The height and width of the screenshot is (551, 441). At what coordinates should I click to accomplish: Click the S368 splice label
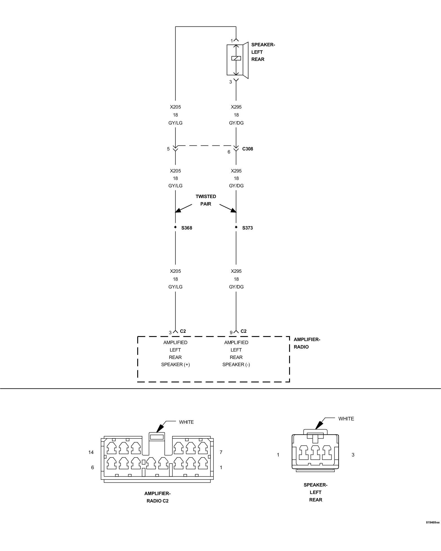187,228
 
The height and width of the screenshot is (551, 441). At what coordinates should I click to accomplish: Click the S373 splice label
247,228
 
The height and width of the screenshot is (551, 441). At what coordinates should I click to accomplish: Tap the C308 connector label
248,149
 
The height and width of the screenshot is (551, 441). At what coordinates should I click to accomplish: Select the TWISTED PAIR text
206,200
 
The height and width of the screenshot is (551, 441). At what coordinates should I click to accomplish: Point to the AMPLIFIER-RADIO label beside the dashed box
307,343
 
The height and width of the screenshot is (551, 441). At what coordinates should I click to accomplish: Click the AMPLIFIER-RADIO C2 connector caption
157,497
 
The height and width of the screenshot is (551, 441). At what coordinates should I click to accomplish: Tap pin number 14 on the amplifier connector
91,452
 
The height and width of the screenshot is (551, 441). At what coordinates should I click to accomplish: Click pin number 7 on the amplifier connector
221,452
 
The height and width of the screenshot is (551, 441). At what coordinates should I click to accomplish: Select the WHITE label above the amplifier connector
186,422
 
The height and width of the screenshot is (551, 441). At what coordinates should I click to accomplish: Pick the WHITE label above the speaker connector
346,418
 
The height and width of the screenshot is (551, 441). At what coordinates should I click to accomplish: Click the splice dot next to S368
175,227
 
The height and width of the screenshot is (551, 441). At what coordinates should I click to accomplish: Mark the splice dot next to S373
236,227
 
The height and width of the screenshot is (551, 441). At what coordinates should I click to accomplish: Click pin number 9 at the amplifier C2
231,333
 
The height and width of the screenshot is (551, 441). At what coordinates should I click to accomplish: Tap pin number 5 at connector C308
168,149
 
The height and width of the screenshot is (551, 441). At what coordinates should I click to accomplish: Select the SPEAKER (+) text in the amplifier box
175,364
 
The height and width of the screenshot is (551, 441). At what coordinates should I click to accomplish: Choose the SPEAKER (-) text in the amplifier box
236,364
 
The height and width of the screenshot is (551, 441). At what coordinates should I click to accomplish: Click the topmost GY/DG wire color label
236,123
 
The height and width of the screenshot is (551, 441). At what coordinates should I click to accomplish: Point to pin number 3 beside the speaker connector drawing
353,455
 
